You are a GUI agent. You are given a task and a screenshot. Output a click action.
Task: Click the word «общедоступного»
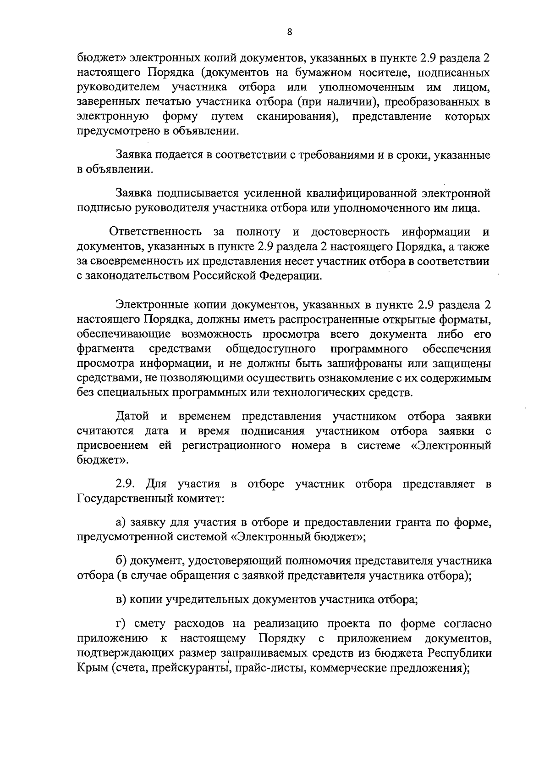click(x=271, y=349)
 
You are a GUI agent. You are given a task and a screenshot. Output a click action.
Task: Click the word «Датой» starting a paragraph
click(x=132, y=416)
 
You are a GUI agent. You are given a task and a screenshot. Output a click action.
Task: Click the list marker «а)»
click(x=121, y=522)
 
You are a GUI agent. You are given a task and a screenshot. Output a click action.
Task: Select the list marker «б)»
click(x=121, y=561)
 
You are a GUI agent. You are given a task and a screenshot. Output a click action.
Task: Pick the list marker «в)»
click(x=121, y=599)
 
